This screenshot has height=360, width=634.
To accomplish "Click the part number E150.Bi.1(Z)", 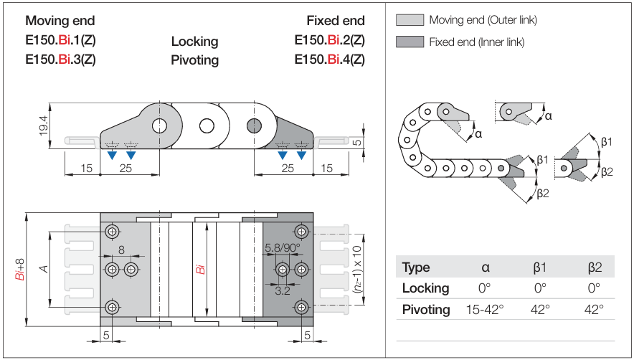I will click(60, 40).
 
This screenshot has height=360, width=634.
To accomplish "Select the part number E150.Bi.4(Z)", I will click(329, 59).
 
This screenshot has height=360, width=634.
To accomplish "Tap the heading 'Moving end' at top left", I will click(60, 21).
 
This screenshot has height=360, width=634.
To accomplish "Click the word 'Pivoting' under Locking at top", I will click(194, 60).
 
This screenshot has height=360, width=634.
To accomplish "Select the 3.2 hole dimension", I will click(282, 290).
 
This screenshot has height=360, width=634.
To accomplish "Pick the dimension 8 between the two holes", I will click(121, 250).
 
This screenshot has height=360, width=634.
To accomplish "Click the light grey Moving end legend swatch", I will click(410, 20).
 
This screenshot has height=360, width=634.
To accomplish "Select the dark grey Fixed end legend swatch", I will click(410, 42).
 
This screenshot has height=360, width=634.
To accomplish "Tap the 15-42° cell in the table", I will click(486, 310).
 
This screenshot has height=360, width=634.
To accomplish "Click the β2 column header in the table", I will click(594, 267).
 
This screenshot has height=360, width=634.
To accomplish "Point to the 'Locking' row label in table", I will click(425, 288).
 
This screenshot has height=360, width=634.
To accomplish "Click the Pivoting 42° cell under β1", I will click(540, 310).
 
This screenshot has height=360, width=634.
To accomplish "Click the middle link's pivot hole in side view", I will click(207, 127).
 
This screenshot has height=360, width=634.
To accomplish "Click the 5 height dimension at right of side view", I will click(356, 142).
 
